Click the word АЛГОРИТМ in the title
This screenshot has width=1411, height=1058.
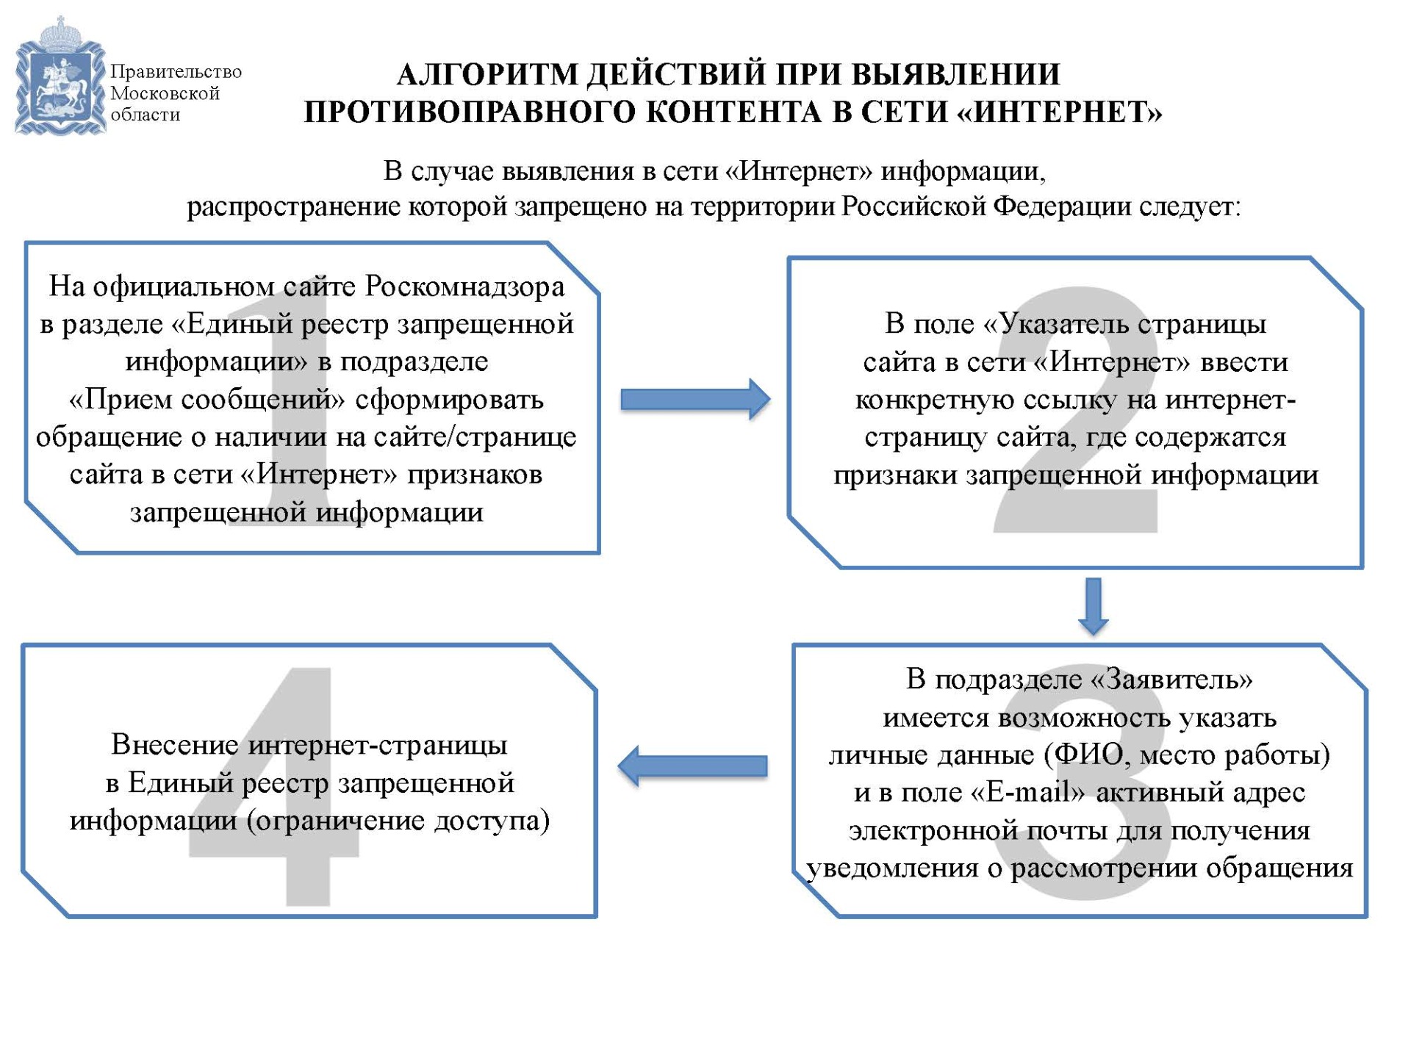[x=487, y=74]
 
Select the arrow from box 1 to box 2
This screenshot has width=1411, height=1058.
[x=694, y=399]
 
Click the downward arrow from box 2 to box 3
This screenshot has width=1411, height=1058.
[x=1094, y=605]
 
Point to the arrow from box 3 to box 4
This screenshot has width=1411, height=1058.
[x=693, y=766]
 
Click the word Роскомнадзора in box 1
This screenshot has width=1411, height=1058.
[x=464, y=286]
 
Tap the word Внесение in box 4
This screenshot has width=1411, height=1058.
[x=175, y=744]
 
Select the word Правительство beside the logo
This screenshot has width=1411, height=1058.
[x=176, y=72]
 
